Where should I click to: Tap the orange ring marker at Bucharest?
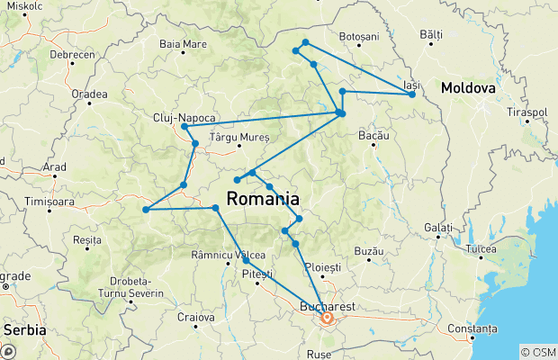327,318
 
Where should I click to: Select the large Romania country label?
264,198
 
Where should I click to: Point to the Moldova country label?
468,89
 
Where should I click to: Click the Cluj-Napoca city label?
184,117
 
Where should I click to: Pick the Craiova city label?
195,316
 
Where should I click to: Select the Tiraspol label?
526,112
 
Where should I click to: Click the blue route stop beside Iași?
412,94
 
